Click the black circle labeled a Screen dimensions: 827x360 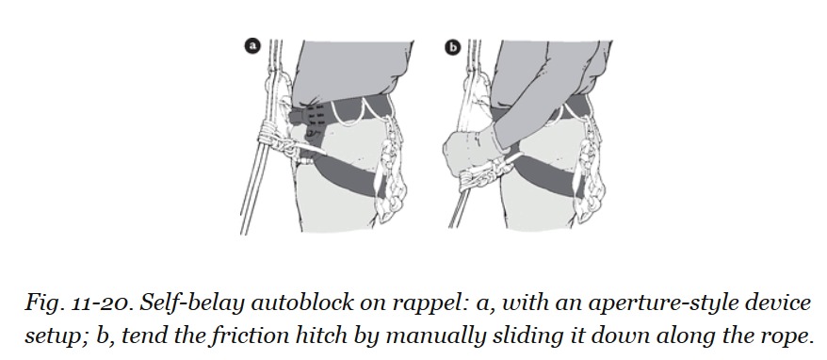pyautogui.click(x=253, y=46)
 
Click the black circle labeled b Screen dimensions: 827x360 pyautogui.click(x=452, y=47)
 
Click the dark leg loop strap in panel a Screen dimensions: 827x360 pyautogui.click(x=343, y=174)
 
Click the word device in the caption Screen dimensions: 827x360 pyautogui.click(x=777, y=303)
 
